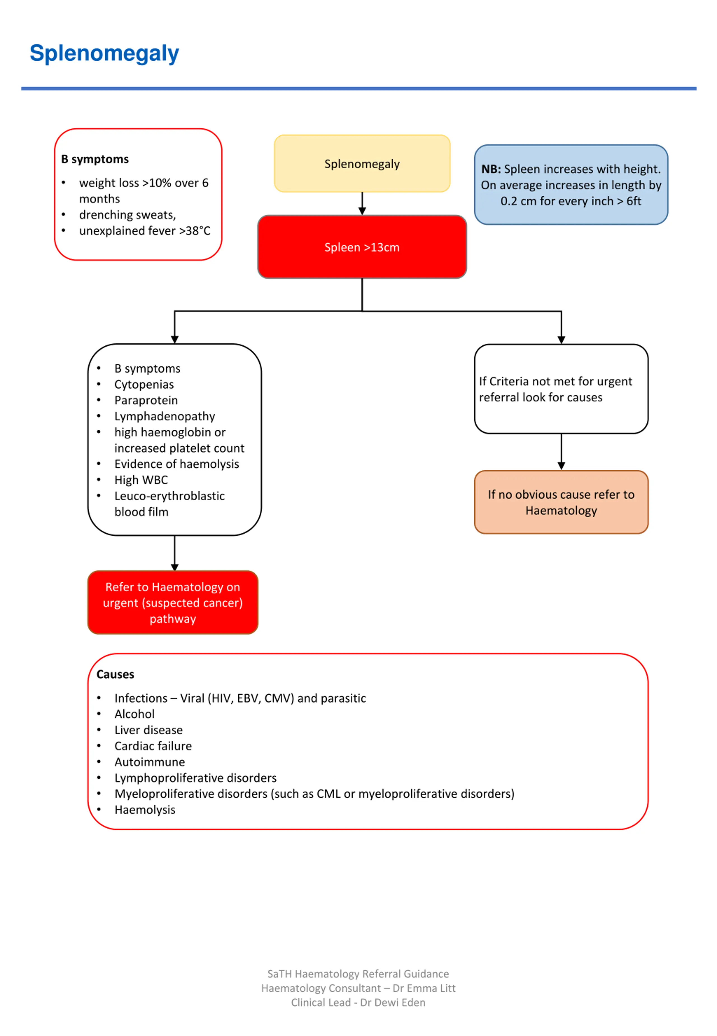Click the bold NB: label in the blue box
(491, 169)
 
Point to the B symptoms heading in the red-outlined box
(95, 159)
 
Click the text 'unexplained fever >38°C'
(145, 231)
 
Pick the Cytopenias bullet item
(144, 385)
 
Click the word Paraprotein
(146, 400)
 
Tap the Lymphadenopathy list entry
(164, 417)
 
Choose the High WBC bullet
(141, 480)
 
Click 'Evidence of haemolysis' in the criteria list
(176, 464)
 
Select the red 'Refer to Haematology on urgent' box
(173, 602)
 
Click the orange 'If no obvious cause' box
(561, 502)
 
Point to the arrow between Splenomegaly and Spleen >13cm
(362, 203)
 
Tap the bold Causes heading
(115, 674)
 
